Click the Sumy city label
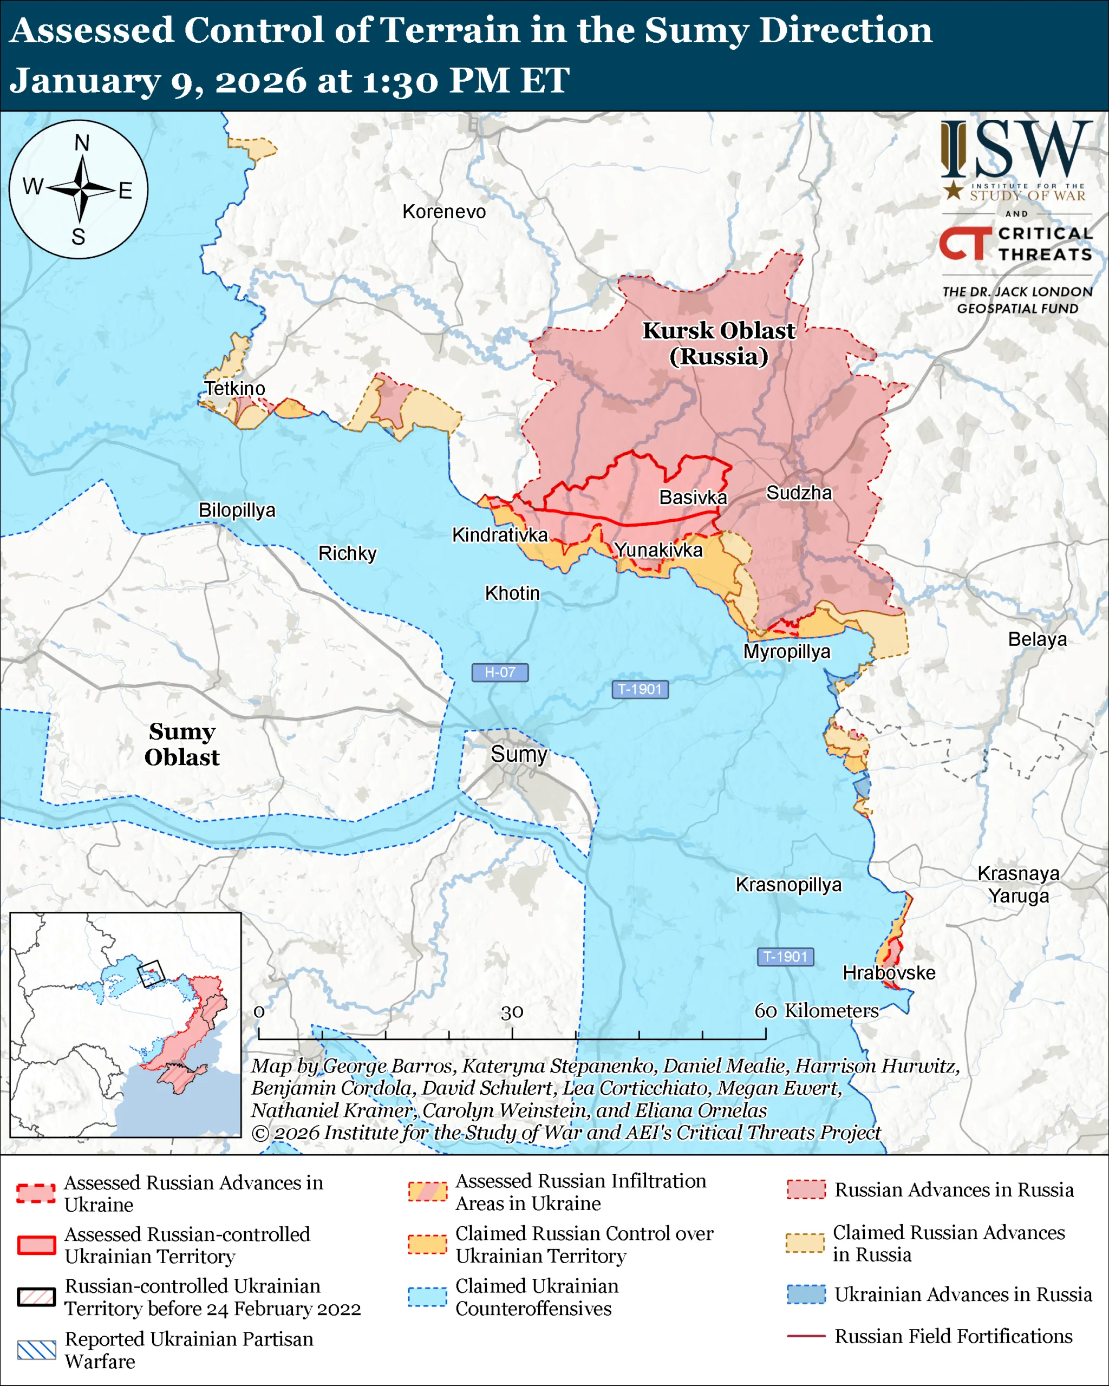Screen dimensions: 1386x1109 pos(519,754)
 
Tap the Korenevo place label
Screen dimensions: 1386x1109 pos(443,212)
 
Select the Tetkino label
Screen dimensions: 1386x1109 pos(234,388)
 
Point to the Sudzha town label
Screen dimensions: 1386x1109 pos(799,493)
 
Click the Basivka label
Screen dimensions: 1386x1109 pos(693,497)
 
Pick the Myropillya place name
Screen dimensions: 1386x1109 pos(786,651)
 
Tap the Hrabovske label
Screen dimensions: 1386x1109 pos(889,973)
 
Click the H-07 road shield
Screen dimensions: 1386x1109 pos(499,672)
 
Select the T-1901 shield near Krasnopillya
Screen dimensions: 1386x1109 pos(785,957)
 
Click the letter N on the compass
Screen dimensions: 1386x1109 pos(82,143)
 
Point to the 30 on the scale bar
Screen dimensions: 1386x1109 pos(512,1012)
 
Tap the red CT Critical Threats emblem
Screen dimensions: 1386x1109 pos(965,243)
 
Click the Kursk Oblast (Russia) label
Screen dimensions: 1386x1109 pos(719,343)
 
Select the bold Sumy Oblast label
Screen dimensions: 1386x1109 pos(182,744)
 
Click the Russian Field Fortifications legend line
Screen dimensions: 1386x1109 pos(806,1336)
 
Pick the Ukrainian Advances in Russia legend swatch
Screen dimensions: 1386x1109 pos(806,1294)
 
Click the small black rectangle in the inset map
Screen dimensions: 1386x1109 pos(151,973)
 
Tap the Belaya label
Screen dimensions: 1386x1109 pos(1037,639)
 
